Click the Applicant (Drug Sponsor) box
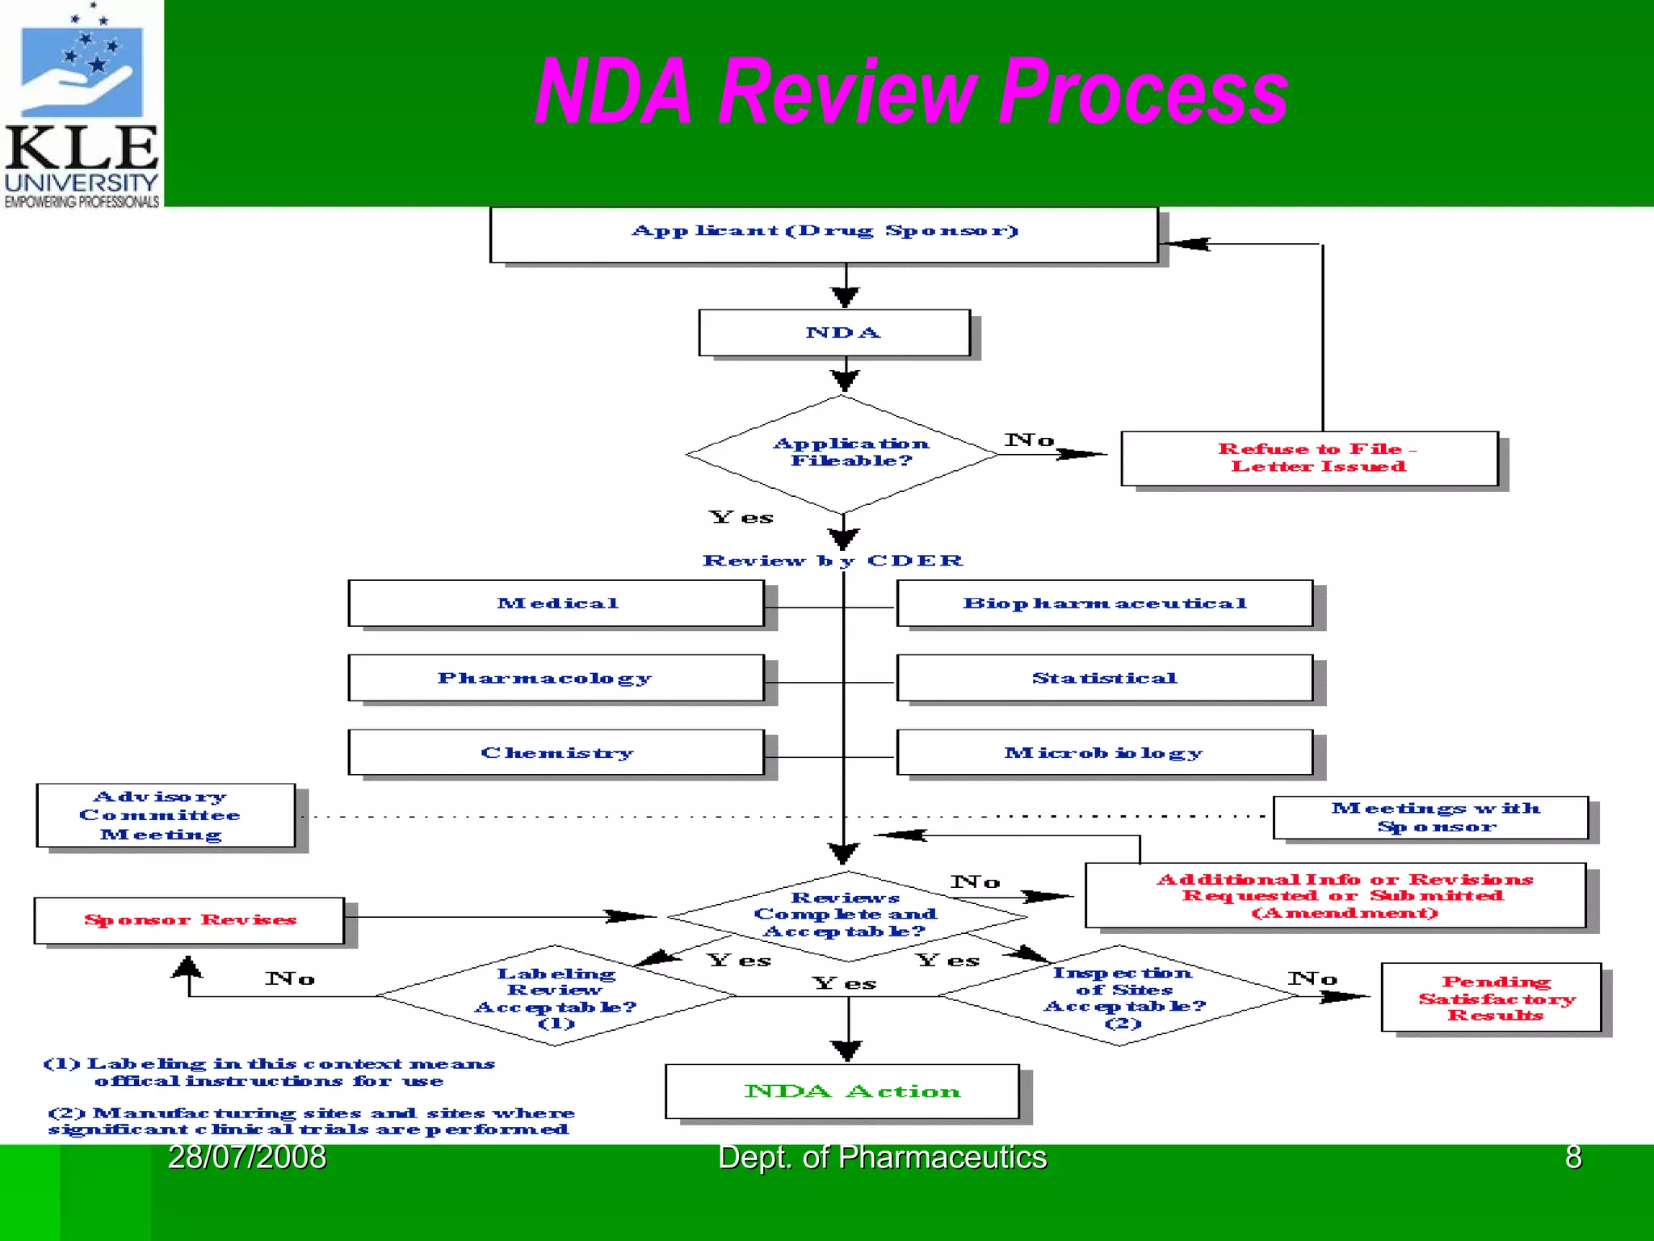click(x=824, y=234)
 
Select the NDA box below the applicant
click(x=834, y=333)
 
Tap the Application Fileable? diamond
click(x=843, y=453)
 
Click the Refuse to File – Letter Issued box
click(x=1309, y=458)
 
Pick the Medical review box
click(x=556, y=604)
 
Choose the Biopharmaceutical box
click(x=1104, y=604)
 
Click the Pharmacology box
click(x=556, y=678)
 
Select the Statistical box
click(x=1104, y=678)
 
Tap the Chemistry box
click(x=556, y=753)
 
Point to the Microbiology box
click(x=1104, y=753)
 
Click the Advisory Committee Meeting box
click(x=166, y=815)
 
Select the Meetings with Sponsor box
click(x=1430, y=818)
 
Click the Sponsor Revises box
click(x=189, y=920)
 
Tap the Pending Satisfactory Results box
click(x=1491, y=997)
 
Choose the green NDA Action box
click(x=842, y=1092)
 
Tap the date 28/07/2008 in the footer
click(x=246, y=1158)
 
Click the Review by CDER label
click(x=833, y=561)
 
